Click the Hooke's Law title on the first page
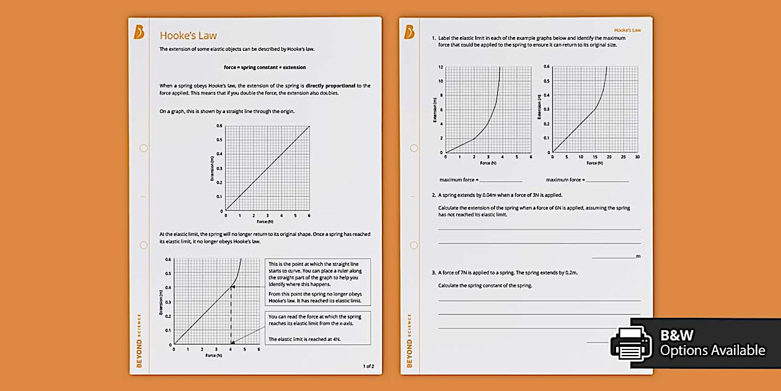(188, 35)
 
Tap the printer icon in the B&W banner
(631, 343)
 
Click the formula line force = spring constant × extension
(265, 67)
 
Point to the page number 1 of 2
(368, 366)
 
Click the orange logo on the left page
(139, 32)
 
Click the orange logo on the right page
(409, 32)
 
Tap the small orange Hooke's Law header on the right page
(627, 30)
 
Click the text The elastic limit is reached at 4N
(304, 339)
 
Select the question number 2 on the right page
(433, 195)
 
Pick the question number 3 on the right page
(433, 272)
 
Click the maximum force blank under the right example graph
(607, 181)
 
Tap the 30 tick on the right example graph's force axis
(638, 157)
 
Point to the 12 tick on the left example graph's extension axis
(441, 67)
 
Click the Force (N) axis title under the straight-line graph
(265, 221)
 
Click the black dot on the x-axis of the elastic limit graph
(232, 343)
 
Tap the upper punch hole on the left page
(144, 148)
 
